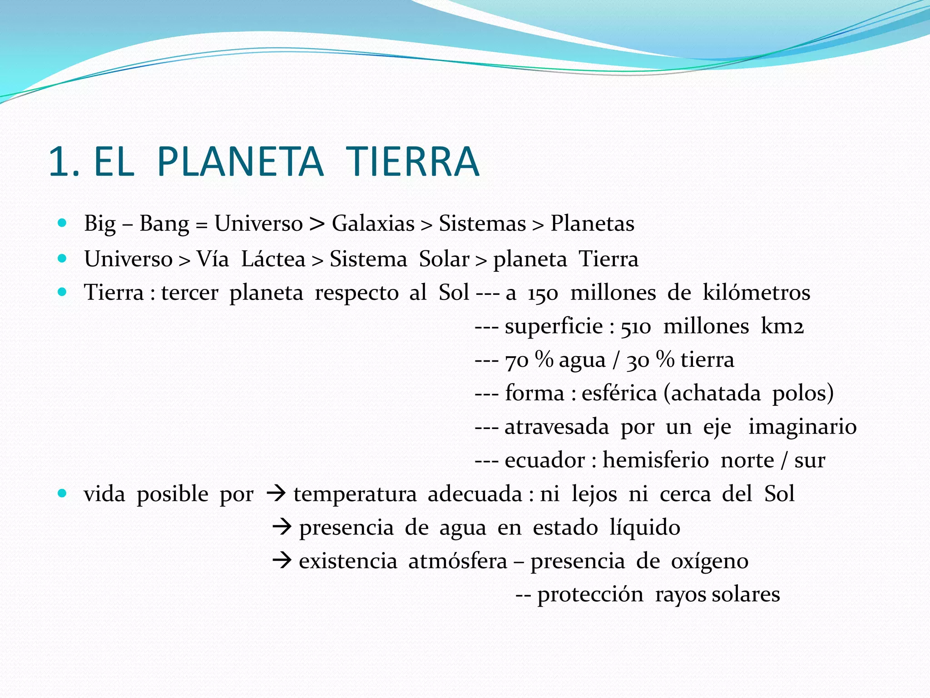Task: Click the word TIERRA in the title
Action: (x=412, y=162)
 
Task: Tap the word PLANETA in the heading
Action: (x=240, y=162)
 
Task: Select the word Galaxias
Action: (x=373, y=224)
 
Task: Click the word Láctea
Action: (x=273, y=259)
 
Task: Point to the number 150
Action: (x=543, y=293)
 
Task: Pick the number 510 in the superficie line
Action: (x=636, y=327)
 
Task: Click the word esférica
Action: (x=619, y=393)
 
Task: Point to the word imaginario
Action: (x=802, y=427)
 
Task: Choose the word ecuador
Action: (x=544, y=460)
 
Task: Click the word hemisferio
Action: (x=656, y=460)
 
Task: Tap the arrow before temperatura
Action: (x=276, y=494)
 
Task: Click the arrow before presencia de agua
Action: (x=282, y=527)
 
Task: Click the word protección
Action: (x=590, y=595)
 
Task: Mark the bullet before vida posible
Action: (x=63, y=494)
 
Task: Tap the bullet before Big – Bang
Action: (x=63, y=223)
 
